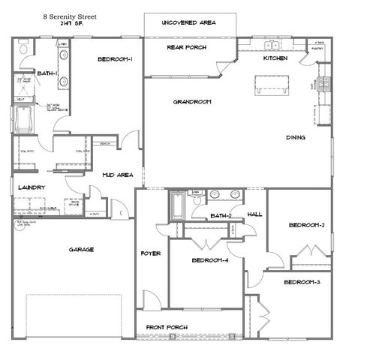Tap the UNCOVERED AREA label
tap(189, 23)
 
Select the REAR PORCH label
tap(186, 48)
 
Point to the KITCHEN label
tap(275, 58)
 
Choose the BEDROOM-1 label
tap(114, 60)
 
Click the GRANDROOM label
tap(191, 101)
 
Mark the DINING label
tap(295, 137)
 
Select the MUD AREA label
tap(118, 175)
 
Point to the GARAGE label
tap(80, 250)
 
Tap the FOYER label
tap(151, 253)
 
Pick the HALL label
tap(254, 214)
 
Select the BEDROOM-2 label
tap(306, 225)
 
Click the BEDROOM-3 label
tap(302, 282)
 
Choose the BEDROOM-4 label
tap(210, 260)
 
